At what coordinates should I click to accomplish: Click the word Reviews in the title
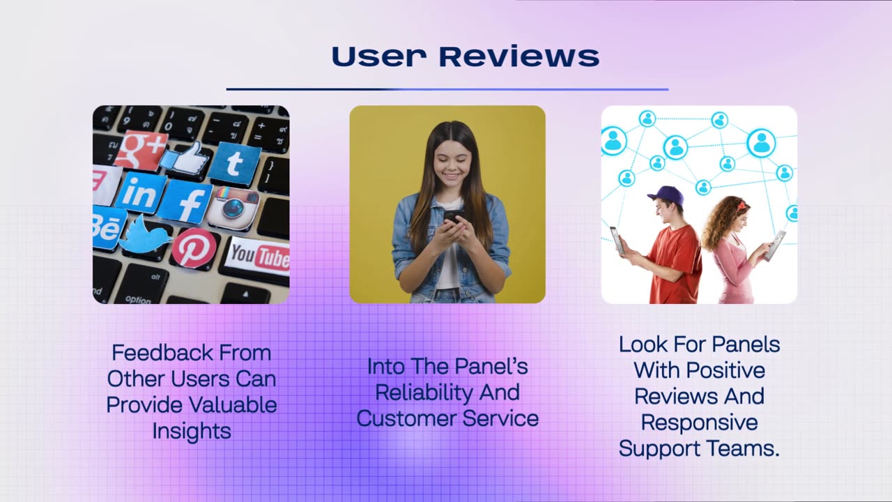pos(519,57)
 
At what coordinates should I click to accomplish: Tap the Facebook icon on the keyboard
pos(185,202)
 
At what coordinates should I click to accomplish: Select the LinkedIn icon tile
pos(141,193)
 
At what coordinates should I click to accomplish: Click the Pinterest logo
pos(194,248)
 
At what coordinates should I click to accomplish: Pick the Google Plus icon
pos(141,149)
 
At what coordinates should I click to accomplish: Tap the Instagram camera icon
pos(233,208)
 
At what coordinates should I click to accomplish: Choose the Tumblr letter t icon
pos(235,164)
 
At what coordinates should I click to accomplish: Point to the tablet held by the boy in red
pos(617,239)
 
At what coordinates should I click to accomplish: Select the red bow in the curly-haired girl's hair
pos(741,204)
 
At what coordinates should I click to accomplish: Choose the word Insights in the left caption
pos(192,431)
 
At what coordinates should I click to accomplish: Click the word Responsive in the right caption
pos(699,422)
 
